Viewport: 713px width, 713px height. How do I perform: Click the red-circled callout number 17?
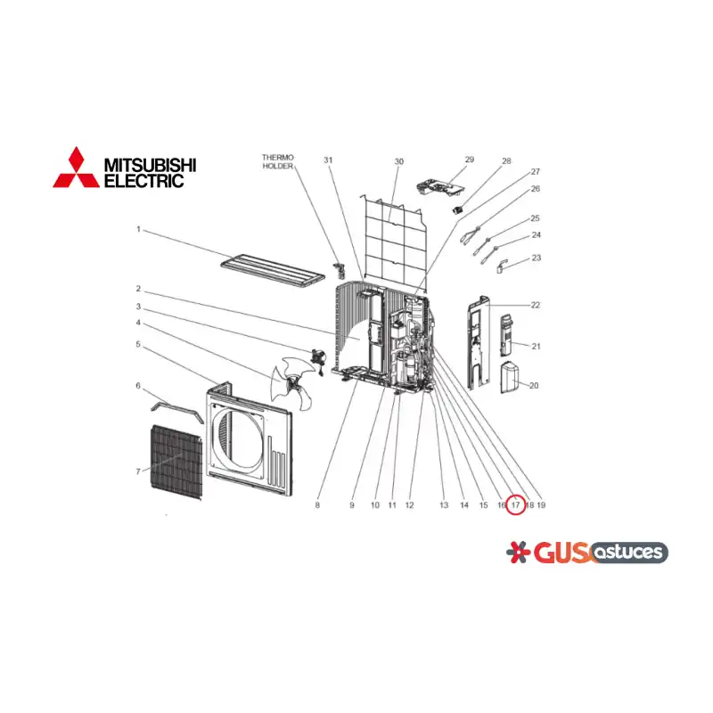coord(515,505)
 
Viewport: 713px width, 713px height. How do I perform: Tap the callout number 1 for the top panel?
coord(139,229)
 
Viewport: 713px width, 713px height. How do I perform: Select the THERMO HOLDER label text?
coord(278,162)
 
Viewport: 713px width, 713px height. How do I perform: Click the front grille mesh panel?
coord(176,462)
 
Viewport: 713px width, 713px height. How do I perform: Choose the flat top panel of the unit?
coord(273,272)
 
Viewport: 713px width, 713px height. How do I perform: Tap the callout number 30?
coord(398,162)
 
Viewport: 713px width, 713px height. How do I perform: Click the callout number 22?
coord(536,305)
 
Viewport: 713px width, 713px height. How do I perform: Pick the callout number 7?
coord(138,471)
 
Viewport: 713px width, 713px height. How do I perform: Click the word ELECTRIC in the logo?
coord(144,181)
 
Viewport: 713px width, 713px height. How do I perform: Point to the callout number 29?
coord(470,160)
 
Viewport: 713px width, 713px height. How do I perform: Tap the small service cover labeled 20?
coord(509,377)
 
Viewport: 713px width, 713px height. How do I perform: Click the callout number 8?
coord(317,505)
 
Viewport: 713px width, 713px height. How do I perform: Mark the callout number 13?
coord(444,505)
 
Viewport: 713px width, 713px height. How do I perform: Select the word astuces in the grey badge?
coord(629,552)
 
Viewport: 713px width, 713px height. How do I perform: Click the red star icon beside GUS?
coord(518,552)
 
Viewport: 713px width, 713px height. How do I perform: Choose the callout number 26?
coord(536,189)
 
